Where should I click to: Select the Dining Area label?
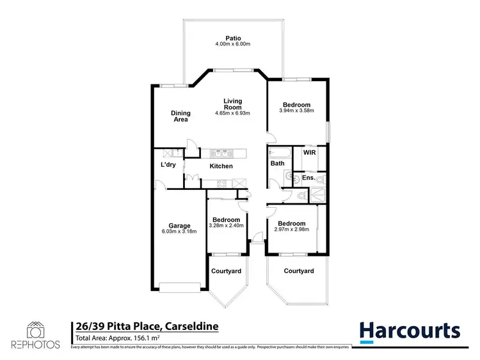pyautogui.click(x=180, y=116)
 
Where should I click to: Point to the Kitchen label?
pyautogui.click(x=221, y=166)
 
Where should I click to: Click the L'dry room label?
pyautogui.click(x=168, y=165)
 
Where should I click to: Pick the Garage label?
pyautogui.click(x=180, y=226)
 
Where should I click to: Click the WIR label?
pyautogui.click(x=309, y=153)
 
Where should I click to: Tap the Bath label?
pyautogui.click(x=277, y=164)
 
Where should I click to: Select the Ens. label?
pyautogui.click(x=308, y=177)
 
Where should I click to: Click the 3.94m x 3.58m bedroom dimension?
pyautogui.click(x=296, y=111)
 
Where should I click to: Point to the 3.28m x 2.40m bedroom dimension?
pyautogui.click(x=226, y=226)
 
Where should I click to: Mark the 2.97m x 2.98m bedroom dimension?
pyautogui.click(x=292, y=230)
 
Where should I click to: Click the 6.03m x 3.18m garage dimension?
pyautogui.click(x=180, y=232)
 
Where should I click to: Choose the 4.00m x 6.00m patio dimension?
pyautogui.click(x=232, y=44)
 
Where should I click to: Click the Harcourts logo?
pyautogui.click(x=409, y=331)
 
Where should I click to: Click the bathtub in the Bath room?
pyautogui.click(x=279, y=152)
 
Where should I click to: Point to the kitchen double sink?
pyautogui.click(x=220, y=153)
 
